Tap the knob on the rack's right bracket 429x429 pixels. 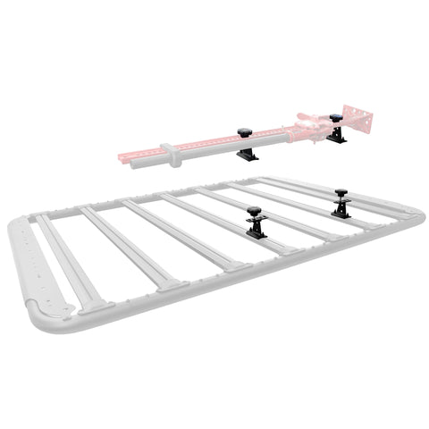click(341, 192)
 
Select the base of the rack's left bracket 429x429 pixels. click(256, 234)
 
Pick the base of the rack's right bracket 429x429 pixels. click(343, 214)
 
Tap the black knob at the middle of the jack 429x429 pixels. click(245, 133)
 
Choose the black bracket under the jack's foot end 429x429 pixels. click(337, 137)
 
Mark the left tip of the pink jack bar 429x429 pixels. click(122, 160)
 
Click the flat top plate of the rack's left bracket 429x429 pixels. click(255, 220)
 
